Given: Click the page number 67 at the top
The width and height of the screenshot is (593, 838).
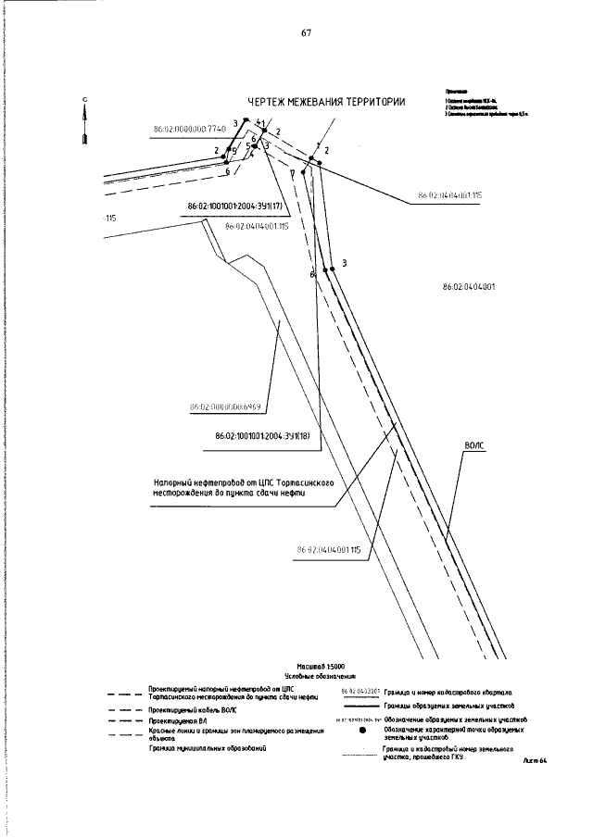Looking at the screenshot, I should (x=306, y=33).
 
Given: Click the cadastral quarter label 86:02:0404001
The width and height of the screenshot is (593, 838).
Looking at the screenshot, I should (x=469, y=287).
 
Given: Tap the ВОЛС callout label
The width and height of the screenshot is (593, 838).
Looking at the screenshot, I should (x=473, y=445).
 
